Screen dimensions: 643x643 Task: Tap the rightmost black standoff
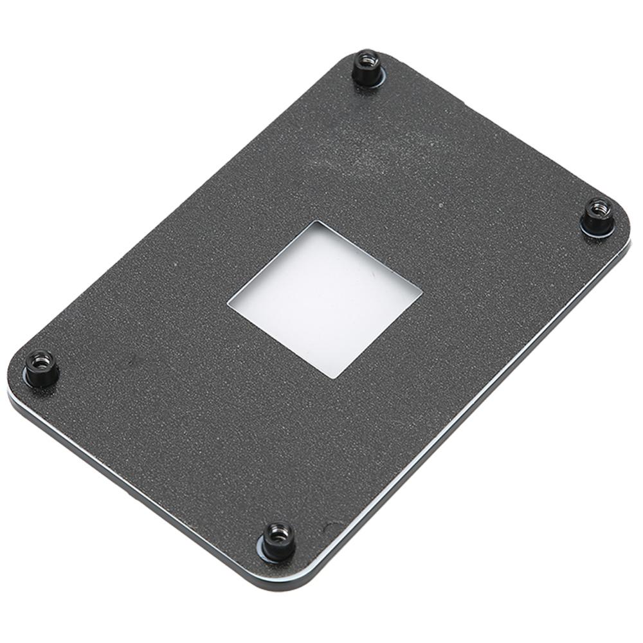coord(597,216)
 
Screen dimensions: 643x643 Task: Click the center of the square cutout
coord(325,298)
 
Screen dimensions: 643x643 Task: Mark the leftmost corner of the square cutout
coord(229,300)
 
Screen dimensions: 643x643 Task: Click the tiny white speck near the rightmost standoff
coord(440,206)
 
